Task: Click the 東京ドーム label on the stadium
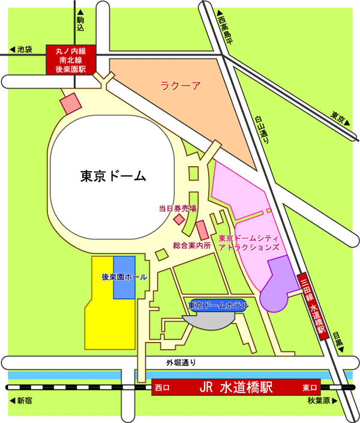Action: pos(113,176)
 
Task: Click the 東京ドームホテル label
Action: pos(218,305)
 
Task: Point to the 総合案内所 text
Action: pos(192,245)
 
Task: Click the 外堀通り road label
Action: pos(181,362)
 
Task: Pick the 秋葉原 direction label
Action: pos(320,400)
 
